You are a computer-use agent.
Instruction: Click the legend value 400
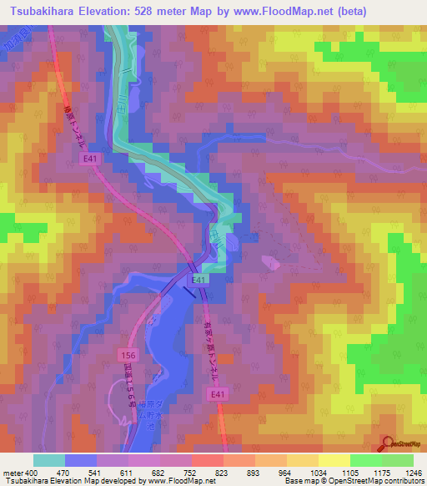[32, 472]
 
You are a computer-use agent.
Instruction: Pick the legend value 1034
[317, 472]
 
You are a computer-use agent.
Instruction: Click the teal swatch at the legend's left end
[49, 460]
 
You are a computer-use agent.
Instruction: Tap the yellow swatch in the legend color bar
[334, 460]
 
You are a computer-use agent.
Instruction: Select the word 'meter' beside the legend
[13, 472]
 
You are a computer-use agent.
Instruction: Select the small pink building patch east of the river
[272, 263]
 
